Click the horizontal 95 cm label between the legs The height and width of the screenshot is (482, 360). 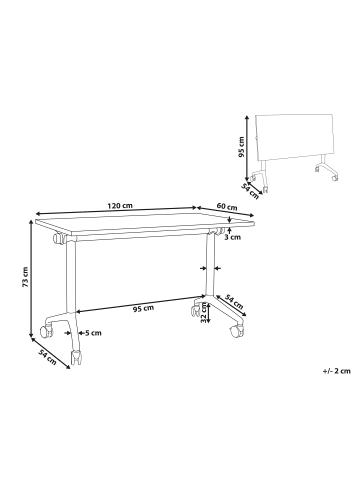coord(144,308)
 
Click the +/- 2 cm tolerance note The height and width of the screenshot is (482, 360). coord(337,370)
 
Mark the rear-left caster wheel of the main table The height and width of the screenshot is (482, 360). coord(46,324)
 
